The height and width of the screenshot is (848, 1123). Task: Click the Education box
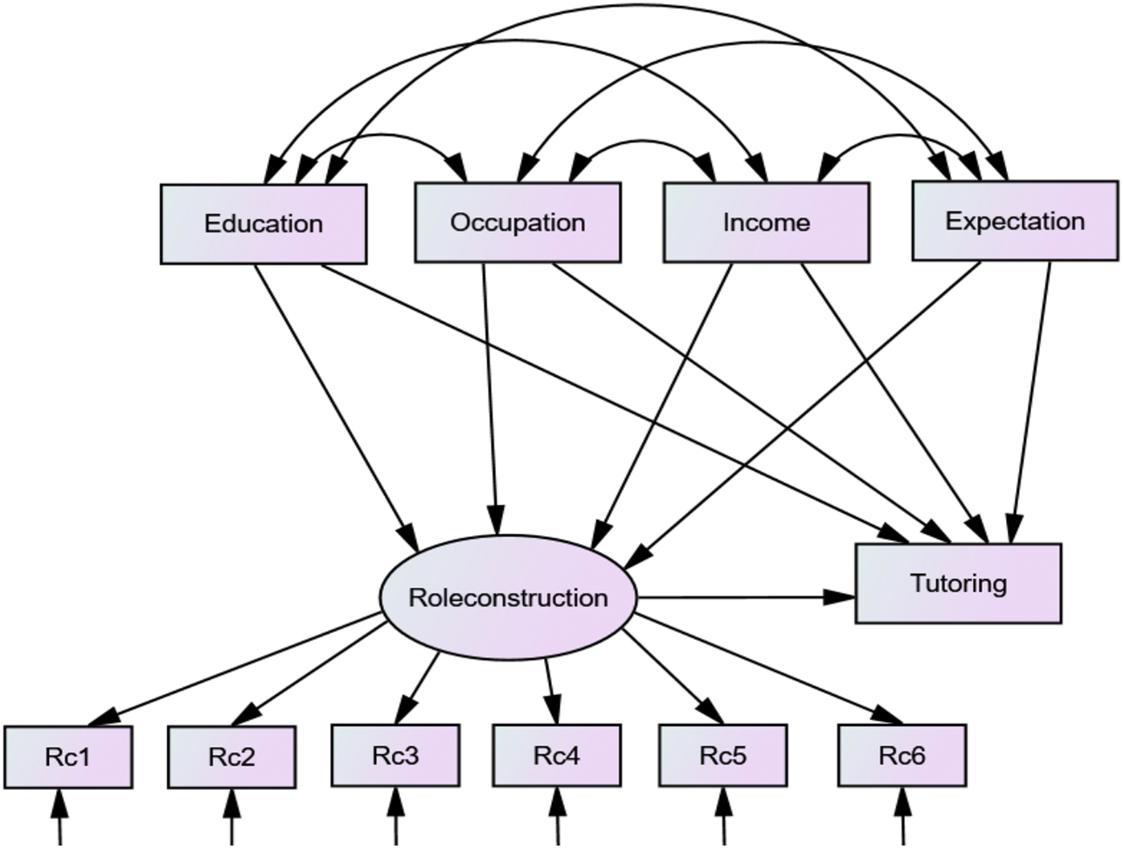pos(264,224)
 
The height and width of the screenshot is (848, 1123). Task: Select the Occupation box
pos(517,222)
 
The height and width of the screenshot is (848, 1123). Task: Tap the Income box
pos(766,222)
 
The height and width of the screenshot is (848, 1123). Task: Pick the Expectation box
pos(1015,221)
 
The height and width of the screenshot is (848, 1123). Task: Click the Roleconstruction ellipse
pos(508,598)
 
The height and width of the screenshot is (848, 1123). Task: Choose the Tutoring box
pos(958,583)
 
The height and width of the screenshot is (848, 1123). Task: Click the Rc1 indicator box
pos(68,757)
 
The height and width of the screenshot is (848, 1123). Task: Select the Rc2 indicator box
pos(232,757)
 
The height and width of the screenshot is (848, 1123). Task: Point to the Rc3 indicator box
pos(396,755)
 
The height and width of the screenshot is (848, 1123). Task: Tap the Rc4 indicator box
pos(557,755)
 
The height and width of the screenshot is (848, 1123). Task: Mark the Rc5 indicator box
pos(723,755)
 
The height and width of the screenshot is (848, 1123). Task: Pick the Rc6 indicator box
pos(902,755)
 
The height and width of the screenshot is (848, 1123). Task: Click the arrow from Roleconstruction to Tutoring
pos(746,598)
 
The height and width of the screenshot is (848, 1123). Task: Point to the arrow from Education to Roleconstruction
pos(336,408)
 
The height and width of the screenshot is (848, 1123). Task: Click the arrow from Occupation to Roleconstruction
pos(491,399)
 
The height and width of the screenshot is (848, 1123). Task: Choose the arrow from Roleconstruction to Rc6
pos(769,669)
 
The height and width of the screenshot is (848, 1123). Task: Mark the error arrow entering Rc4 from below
pos(558,817)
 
